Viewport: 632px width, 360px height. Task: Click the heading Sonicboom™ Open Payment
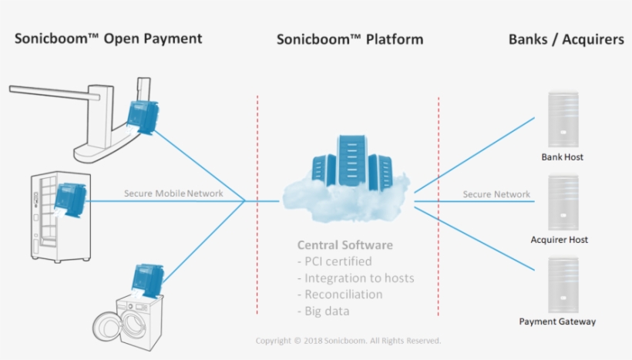pyautogui.click(x=108, y=39)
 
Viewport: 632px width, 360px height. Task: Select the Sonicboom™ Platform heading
pyautogui.click(x=349, y=39)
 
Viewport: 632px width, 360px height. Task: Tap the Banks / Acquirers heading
pyautogui.click(x=566, y=39)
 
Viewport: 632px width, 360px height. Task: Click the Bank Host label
pyautogui.click(x=562, y=157)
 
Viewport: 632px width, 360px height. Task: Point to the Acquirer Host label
pyautogui.click(x=559, y=240)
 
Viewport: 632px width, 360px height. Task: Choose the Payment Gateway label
pyautogui.click(x=557, y=321)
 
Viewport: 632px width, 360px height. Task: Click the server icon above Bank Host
pyautogui.click(x=563, y=119)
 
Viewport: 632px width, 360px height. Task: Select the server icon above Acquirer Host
pyautogui.click(x=563, y=203)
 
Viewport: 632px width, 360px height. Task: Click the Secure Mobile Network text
pyautogui.click(x=173, y=193)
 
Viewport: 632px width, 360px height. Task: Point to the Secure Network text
pyautogui.click(x=496, y=194)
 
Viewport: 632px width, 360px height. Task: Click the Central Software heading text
pyautogui.click(x=345, y=245)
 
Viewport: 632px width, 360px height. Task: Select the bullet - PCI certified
pyautogui.click(x=334, y=261)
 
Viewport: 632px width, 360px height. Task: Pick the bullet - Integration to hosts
pyautogui.click(x=355, y=278)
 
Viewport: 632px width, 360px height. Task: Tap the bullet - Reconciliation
pyautogui.click(x=340, y=294)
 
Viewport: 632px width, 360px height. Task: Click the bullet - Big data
pyautogui.click(x=323, y=311)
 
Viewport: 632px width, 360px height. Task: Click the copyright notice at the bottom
pyautogui.click(x=348, y=341)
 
